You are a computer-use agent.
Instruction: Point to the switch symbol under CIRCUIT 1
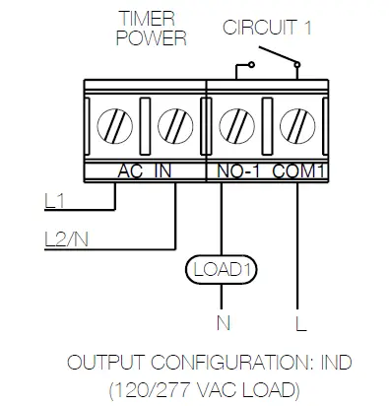(267, 64)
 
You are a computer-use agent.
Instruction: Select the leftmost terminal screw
(115, 127)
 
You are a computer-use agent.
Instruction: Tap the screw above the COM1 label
(293, 127)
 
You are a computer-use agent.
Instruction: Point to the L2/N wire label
(66, 237)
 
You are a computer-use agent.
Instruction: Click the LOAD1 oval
(218, 268)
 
